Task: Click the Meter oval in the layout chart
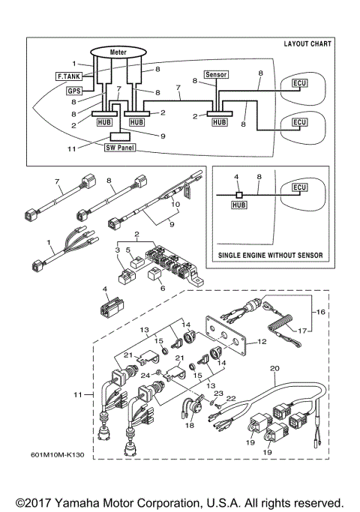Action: point(118,52)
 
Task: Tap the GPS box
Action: point(74,91)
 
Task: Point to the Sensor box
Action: point(216,75)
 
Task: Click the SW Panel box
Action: point(120,148)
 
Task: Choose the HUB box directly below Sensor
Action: point(219,121)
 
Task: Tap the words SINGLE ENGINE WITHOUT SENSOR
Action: point(271,256)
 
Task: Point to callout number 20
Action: point(274,369)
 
